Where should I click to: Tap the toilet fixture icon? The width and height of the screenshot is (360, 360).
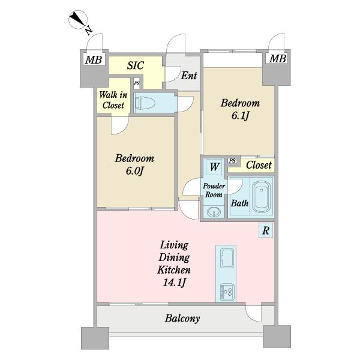145,103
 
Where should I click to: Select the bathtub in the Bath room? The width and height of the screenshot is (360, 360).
261,197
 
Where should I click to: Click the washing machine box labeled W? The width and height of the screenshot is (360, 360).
214,167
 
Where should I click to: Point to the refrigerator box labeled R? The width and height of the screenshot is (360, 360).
266,230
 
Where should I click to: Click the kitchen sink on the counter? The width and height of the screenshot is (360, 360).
227,258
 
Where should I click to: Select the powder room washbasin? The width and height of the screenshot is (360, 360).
214,212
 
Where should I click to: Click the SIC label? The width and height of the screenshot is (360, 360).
136,65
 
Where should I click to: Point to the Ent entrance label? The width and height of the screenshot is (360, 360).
189,76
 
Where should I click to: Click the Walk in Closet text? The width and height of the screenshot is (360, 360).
113,100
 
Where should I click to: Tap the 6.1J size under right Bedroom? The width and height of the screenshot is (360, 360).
240,116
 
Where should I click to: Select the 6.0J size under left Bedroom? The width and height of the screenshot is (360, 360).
134,171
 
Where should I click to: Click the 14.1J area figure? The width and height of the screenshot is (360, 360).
174,283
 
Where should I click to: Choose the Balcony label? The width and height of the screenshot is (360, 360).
182,319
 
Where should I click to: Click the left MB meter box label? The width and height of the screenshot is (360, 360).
94,60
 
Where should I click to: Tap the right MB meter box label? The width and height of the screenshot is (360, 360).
278,59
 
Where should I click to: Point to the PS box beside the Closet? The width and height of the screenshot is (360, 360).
232,161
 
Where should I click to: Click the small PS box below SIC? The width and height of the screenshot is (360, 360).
137,83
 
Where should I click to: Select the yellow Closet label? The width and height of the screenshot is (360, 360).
259,165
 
